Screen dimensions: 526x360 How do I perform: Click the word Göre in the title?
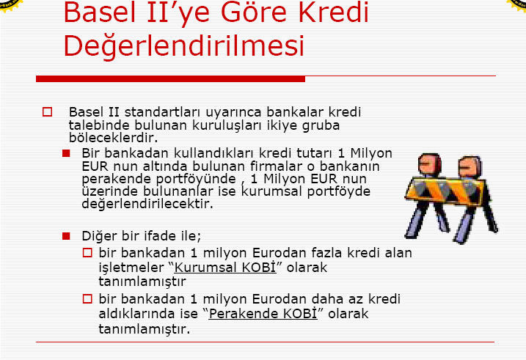point(254,12)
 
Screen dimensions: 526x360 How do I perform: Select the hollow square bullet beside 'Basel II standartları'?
point(47,112)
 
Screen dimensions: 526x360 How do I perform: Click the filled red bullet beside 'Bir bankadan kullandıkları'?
point(66,153)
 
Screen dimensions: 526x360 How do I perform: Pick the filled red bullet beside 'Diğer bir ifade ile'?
point(66,236)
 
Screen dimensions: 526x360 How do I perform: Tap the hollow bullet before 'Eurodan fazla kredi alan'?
point(87,252)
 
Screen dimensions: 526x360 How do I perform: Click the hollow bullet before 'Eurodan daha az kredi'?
point(87,298)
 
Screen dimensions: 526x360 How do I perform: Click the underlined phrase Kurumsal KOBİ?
point(225,268)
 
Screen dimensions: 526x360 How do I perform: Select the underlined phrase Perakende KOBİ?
point(263,314)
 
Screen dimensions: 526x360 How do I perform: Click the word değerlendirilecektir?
point(147,204)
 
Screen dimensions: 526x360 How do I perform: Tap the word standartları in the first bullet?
point(163,112)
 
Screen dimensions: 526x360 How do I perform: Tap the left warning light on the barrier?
point(429,164)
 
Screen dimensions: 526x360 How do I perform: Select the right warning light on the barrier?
point(470,166)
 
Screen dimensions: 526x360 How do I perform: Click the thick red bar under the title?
point(170,78)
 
